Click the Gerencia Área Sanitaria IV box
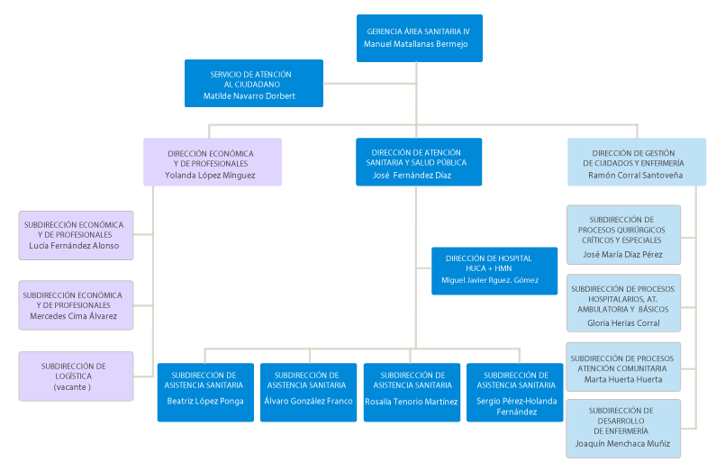tap(419, 38)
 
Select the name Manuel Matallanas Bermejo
tap(416, 44)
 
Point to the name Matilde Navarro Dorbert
tap(249, 95)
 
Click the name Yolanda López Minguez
tap(211, 176)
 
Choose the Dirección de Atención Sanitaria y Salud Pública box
tap(418, 161)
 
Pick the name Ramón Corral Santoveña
tap(635, 176)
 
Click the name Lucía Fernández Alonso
tap(75, 246)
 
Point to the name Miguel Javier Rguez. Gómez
tap(490, 280)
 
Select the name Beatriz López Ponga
tap(206, 402)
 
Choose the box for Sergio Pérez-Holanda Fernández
tap(516, 392)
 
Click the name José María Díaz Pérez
tap(623, 254)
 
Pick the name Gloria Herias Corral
tap(623, 322)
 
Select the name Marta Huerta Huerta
tap(623, 379)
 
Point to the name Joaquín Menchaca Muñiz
tap(623, 443)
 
